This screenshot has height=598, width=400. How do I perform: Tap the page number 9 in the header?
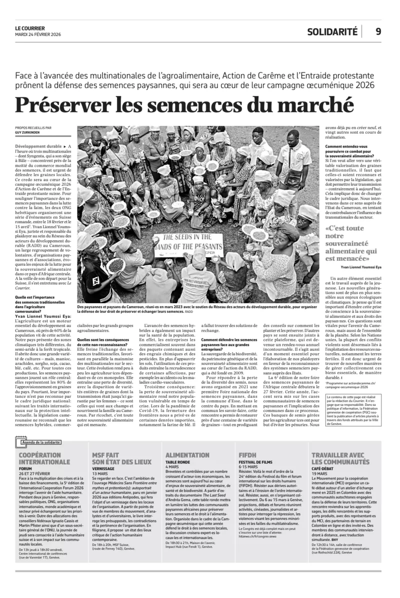coord(378,31)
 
